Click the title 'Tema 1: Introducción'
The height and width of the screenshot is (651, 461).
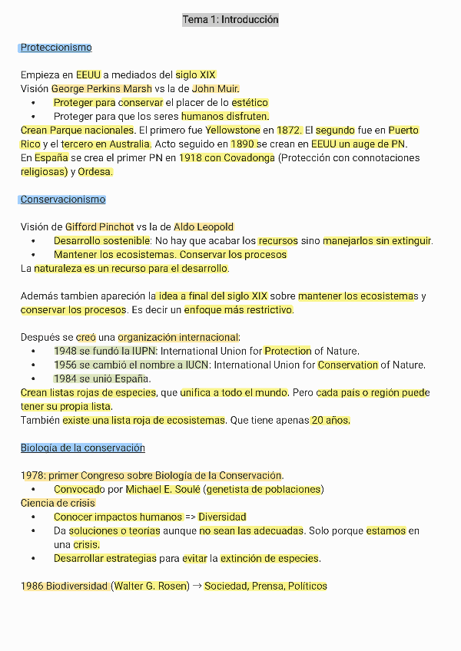(x=230, y=20)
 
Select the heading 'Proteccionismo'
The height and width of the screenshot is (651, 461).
(x=56, y=48)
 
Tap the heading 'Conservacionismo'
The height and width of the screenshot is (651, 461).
(x=63, y=200)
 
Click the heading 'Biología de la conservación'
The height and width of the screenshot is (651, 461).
(x=83, y=448)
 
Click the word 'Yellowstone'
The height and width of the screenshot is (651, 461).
(x=233, y=131)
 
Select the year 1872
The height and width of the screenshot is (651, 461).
(x=290, y=131)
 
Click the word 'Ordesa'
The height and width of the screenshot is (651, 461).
(x=95, y=172)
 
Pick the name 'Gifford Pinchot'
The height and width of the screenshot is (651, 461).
(x=100, y=227)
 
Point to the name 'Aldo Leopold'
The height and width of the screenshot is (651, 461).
(x=204, y=227)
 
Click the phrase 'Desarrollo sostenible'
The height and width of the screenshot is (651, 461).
(x=101, y=241)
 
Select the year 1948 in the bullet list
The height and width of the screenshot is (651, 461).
(x=65, y=352)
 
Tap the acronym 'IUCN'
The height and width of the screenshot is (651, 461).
(x=195, y=365)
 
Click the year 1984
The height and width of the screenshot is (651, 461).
(x=65, y=379)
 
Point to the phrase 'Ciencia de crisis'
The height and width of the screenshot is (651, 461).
(x=58, y=504)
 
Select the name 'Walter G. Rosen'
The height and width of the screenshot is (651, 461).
(x=151, y=587)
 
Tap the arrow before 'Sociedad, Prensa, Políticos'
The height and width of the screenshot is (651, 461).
(x=196, y=587)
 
